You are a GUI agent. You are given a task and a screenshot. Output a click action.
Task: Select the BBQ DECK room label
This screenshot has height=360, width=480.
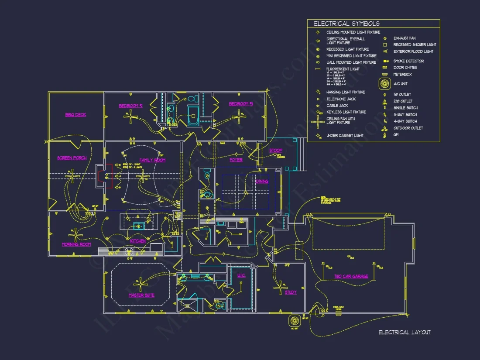75,115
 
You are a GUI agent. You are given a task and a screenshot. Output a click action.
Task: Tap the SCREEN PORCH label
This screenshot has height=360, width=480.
72,158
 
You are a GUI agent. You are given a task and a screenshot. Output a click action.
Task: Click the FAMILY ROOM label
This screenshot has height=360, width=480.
152,160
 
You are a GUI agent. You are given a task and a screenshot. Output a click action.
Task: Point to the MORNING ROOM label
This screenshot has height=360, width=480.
76,244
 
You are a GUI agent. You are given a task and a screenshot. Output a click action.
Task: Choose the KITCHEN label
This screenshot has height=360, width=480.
138,241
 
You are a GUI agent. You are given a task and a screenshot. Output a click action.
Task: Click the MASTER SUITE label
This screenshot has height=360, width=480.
141,295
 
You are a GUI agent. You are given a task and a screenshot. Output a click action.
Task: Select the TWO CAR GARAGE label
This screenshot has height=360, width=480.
351,276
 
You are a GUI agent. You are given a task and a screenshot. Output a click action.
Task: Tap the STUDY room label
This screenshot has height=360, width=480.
291,292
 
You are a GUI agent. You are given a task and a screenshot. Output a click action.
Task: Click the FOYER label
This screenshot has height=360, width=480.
236,160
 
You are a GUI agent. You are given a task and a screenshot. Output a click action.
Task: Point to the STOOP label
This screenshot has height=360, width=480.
275,151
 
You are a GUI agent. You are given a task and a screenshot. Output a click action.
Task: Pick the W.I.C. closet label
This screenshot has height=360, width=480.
241,275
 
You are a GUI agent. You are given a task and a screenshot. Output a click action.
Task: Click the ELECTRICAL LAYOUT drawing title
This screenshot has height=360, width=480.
405,333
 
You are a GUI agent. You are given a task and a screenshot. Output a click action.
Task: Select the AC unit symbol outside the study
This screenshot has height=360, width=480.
294,320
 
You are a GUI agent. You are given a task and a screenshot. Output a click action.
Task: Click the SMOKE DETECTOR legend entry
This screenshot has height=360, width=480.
408,61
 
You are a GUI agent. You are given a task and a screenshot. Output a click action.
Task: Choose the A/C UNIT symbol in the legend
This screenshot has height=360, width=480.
384,84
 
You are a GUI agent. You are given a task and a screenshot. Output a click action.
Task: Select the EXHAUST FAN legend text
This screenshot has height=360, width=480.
404,38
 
